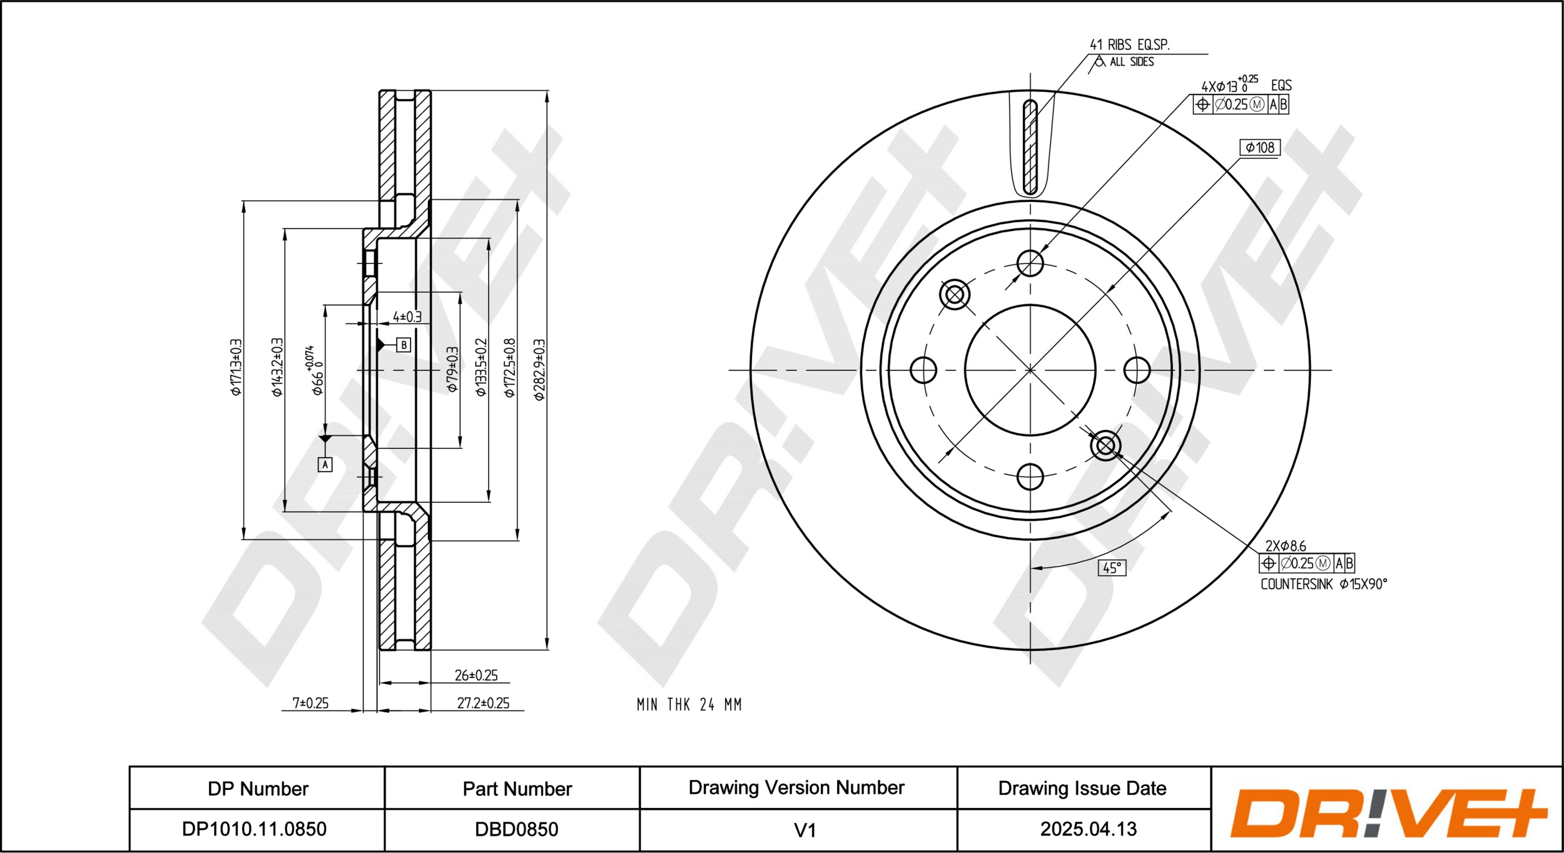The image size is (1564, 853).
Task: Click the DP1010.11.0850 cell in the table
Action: click(254, 829)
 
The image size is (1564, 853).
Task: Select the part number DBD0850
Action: click(516, 829)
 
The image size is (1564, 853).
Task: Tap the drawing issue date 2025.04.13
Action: click(1088, 829)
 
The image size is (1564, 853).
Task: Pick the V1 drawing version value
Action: click(805, 830)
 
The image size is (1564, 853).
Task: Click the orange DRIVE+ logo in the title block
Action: click(1388, 814)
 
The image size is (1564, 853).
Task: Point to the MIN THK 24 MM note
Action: click(689, 705)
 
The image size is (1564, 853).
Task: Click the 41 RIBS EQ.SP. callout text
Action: click(1129, 45)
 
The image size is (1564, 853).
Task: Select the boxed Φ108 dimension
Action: click(1260, 148)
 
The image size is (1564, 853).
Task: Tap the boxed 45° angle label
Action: click(1112, 568)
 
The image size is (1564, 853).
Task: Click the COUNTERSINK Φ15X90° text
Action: click(1324, 584)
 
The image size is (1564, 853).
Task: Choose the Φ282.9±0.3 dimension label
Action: click(539, 370)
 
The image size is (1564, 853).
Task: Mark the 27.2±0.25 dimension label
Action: click(483, 703)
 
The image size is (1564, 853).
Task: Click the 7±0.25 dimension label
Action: click(310, 703)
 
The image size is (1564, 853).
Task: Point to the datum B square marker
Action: click(404, 345)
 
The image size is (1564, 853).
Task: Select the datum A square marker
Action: click(325, 464)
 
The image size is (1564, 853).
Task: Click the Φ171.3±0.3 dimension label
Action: click(236, 367)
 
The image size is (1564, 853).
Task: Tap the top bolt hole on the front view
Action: click(1030, 263)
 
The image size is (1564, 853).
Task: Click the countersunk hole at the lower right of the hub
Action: click(1105, 446)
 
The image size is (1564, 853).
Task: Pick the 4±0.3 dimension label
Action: click(407, 317)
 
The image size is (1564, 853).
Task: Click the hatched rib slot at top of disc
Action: click(1030, 147)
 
